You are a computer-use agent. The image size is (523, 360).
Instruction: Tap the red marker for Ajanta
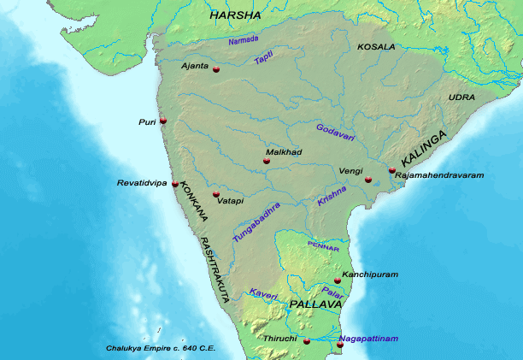(x=216, y=68)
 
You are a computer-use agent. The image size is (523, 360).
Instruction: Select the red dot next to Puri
(x=163, y=121)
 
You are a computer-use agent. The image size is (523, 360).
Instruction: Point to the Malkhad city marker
(x=267, y=161)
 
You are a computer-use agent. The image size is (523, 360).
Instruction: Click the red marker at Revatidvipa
(x=175, y=184)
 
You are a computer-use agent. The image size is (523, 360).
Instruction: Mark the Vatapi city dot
(x=215, y=194)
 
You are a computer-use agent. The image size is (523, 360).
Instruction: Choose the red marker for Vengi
(x=368, y=180)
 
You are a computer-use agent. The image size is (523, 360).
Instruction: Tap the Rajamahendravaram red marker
(x=392, y=170)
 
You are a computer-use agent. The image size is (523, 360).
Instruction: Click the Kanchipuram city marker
(x=338, y=280)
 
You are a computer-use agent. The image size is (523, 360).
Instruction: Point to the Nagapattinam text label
(x=367, y=339)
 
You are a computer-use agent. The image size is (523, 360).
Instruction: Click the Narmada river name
(x=243, y=40)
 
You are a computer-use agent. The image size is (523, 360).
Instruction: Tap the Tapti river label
(x=264, y=58)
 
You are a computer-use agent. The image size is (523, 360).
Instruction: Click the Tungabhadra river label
(x=256, y=223)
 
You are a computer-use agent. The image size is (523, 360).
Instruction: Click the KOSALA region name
(x=376, y=46)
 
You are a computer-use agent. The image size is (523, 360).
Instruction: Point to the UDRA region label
(x=461, y=97)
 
